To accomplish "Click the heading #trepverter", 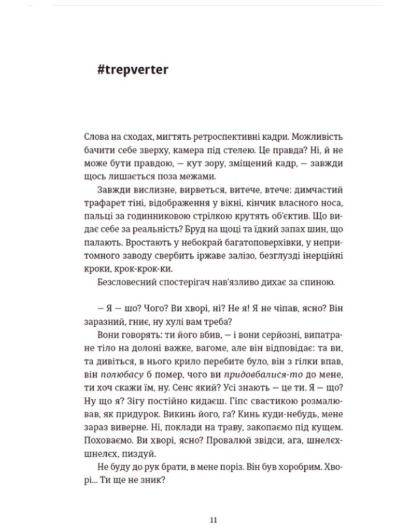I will (133, 70).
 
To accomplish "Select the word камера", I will (219, 150).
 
